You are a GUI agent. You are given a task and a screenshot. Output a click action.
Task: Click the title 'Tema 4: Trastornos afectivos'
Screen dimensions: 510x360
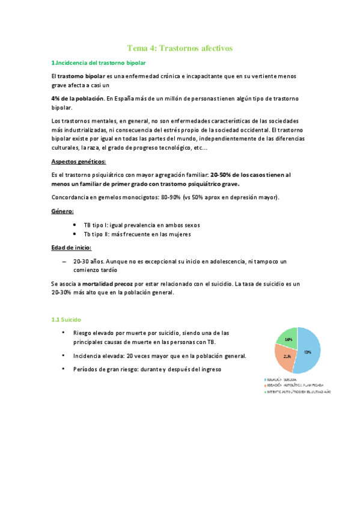tap(180, 48)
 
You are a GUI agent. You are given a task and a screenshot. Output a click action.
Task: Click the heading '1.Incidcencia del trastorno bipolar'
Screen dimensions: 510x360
tap(97, 63)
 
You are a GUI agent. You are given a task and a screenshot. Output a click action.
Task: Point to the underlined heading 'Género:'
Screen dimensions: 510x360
tap(63, 211)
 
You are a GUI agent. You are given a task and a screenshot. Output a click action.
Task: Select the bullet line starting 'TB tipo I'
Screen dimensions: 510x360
tap(142, 225)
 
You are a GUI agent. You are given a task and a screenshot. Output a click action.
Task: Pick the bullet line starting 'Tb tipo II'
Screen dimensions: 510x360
tap(137, 235)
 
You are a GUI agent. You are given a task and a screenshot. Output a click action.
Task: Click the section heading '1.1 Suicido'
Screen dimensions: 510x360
tap(66, 319)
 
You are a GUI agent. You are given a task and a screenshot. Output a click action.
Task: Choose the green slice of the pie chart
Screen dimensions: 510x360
tap(288, 338)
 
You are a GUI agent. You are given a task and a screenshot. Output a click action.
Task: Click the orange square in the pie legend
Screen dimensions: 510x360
tap(265, 386)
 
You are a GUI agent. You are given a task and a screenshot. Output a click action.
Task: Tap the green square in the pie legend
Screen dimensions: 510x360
tap(265, 392)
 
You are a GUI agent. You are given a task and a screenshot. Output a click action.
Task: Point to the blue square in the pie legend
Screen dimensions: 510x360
tap(265, 380)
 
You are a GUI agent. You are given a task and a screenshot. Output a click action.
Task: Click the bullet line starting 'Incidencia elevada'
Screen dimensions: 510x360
tap(159, 356)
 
